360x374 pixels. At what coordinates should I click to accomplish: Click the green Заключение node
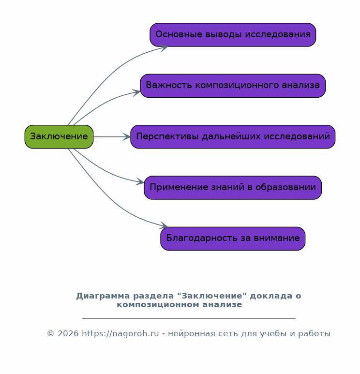pyautogui.click(x=59, y=136)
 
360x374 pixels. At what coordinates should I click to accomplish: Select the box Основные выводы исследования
pyautogui.click(x=233, y=35)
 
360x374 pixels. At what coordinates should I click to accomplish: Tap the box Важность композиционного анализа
pyautogui.click(x=233, y=86)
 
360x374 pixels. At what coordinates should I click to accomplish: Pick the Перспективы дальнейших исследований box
pyautogui.click(x=233, y=136)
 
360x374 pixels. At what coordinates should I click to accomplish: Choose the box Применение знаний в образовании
pyautogui.click(x=233, y=187)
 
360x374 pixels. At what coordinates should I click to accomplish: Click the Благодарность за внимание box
pyautogui.click(x=233, y=238)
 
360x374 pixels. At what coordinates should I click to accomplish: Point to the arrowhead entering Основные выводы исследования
pyautogui.click(x=165, y=47)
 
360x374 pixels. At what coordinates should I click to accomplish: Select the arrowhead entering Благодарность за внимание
pyautogui.click(x=165, y=226)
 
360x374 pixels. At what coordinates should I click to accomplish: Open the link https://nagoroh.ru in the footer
pyautogui.click(x=120, y=333)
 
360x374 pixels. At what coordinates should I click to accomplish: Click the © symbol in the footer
pyautogui.click(x=50, y=333)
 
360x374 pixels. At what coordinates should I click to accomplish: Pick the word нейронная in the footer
pyautogui.click(x=189, y=333)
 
